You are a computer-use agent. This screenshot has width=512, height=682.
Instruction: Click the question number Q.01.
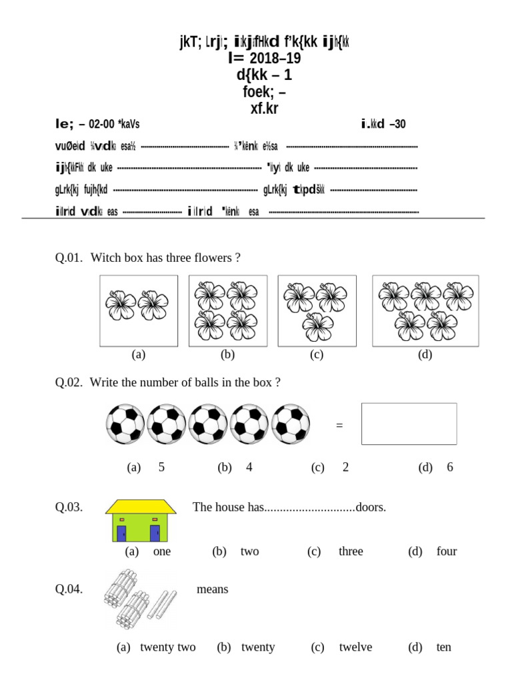tap(69, 257)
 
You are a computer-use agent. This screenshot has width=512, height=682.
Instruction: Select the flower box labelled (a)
tap(139, 311)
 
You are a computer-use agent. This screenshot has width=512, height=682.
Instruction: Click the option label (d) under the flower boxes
tap(425, 354)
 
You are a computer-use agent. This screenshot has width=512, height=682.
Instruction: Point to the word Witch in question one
tap(103, 257)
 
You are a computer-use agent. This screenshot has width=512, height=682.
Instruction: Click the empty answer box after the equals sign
tap(409, 424)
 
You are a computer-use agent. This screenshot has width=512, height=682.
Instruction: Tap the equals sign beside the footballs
tap(339, 425)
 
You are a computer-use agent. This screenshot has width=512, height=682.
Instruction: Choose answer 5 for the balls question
tap(161, 467)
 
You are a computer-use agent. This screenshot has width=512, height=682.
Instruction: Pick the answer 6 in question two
tap(450, 467)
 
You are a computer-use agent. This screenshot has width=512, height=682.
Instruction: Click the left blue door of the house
tap(122, 532)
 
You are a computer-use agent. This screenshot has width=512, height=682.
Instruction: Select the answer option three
tap(351, 551)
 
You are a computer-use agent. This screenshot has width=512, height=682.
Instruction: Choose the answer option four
tap(447, 551)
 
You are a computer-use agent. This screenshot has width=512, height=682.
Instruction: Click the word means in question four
tap(212, 589)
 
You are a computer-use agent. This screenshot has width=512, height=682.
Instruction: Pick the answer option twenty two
tap(167, 647)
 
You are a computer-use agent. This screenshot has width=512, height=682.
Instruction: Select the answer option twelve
tap(355, 647)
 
